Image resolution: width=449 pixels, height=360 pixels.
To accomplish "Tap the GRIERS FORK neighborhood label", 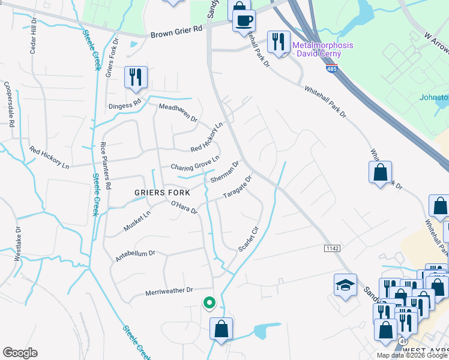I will [162, 193].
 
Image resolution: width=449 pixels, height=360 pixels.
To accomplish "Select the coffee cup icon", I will [244, 21].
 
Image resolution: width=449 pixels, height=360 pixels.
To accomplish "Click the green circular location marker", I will [209, 304].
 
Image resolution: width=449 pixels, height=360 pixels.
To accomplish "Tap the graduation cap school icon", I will [346, 285].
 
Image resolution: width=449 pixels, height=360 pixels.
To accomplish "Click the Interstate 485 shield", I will [332, 70].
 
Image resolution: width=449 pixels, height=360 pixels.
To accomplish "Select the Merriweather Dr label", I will [169, 291].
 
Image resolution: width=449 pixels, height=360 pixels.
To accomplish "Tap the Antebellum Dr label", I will [135, 256].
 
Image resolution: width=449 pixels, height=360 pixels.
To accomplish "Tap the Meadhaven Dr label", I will [178, 112].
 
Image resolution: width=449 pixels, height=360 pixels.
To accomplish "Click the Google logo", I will [20, 353].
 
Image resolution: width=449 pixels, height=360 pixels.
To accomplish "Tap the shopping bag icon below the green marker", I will [221, 329].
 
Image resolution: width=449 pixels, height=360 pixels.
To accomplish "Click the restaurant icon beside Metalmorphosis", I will [277, 41].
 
